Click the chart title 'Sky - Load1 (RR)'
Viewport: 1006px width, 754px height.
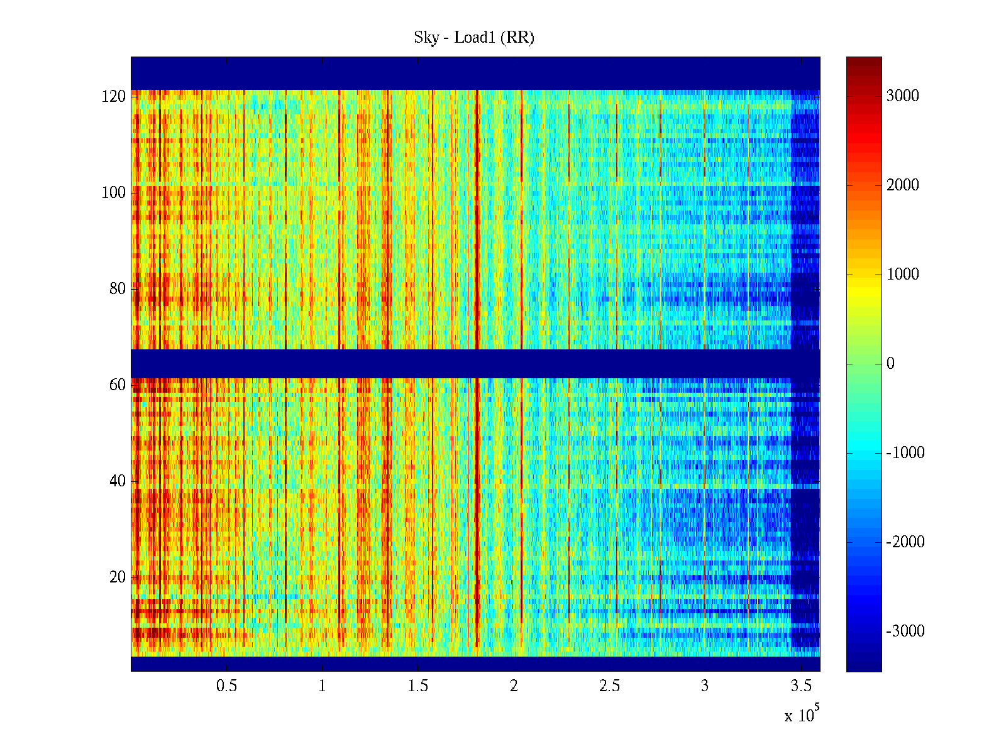474,38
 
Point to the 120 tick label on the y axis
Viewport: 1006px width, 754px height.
114,97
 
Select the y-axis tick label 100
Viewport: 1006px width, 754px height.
114,193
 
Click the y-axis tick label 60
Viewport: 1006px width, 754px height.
118,385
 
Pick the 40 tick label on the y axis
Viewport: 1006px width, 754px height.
118,481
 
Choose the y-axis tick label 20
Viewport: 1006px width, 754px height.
118,577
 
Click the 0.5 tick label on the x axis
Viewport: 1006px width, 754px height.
226,686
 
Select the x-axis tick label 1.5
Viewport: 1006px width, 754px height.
417,686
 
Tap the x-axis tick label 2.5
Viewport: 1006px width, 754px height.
609,686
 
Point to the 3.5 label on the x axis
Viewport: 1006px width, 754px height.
800,686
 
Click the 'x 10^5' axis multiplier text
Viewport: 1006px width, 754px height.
801,715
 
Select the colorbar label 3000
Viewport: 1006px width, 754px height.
902,96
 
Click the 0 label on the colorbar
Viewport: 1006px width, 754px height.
890,364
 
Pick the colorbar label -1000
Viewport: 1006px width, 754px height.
905,453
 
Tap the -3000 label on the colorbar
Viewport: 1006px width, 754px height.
905,631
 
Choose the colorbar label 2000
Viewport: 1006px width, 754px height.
902,185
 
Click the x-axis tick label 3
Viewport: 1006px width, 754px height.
705,686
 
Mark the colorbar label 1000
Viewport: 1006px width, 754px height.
902,275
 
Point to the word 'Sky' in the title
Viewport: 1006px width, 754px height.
426,38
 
